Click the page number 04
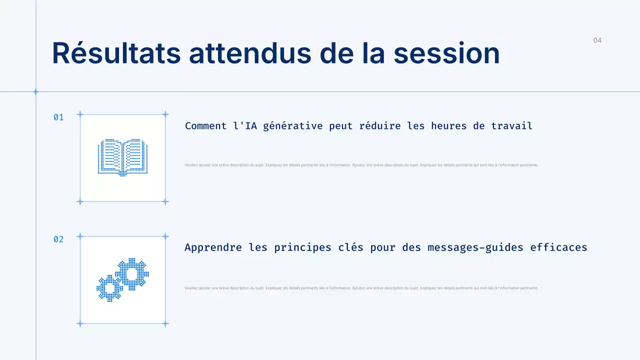point(597,40)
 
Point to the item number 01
point(58,117)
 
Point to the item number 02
point(58,239)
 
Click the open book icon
point(122,157)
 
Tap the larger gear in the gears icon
point(132,274)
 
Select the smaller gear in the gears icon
point(109,288)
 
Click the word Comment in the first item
point(206,126)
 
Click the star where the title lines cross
point(35,91)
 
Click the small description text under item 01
point(361,165)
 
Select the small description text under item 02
point(361,288)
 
